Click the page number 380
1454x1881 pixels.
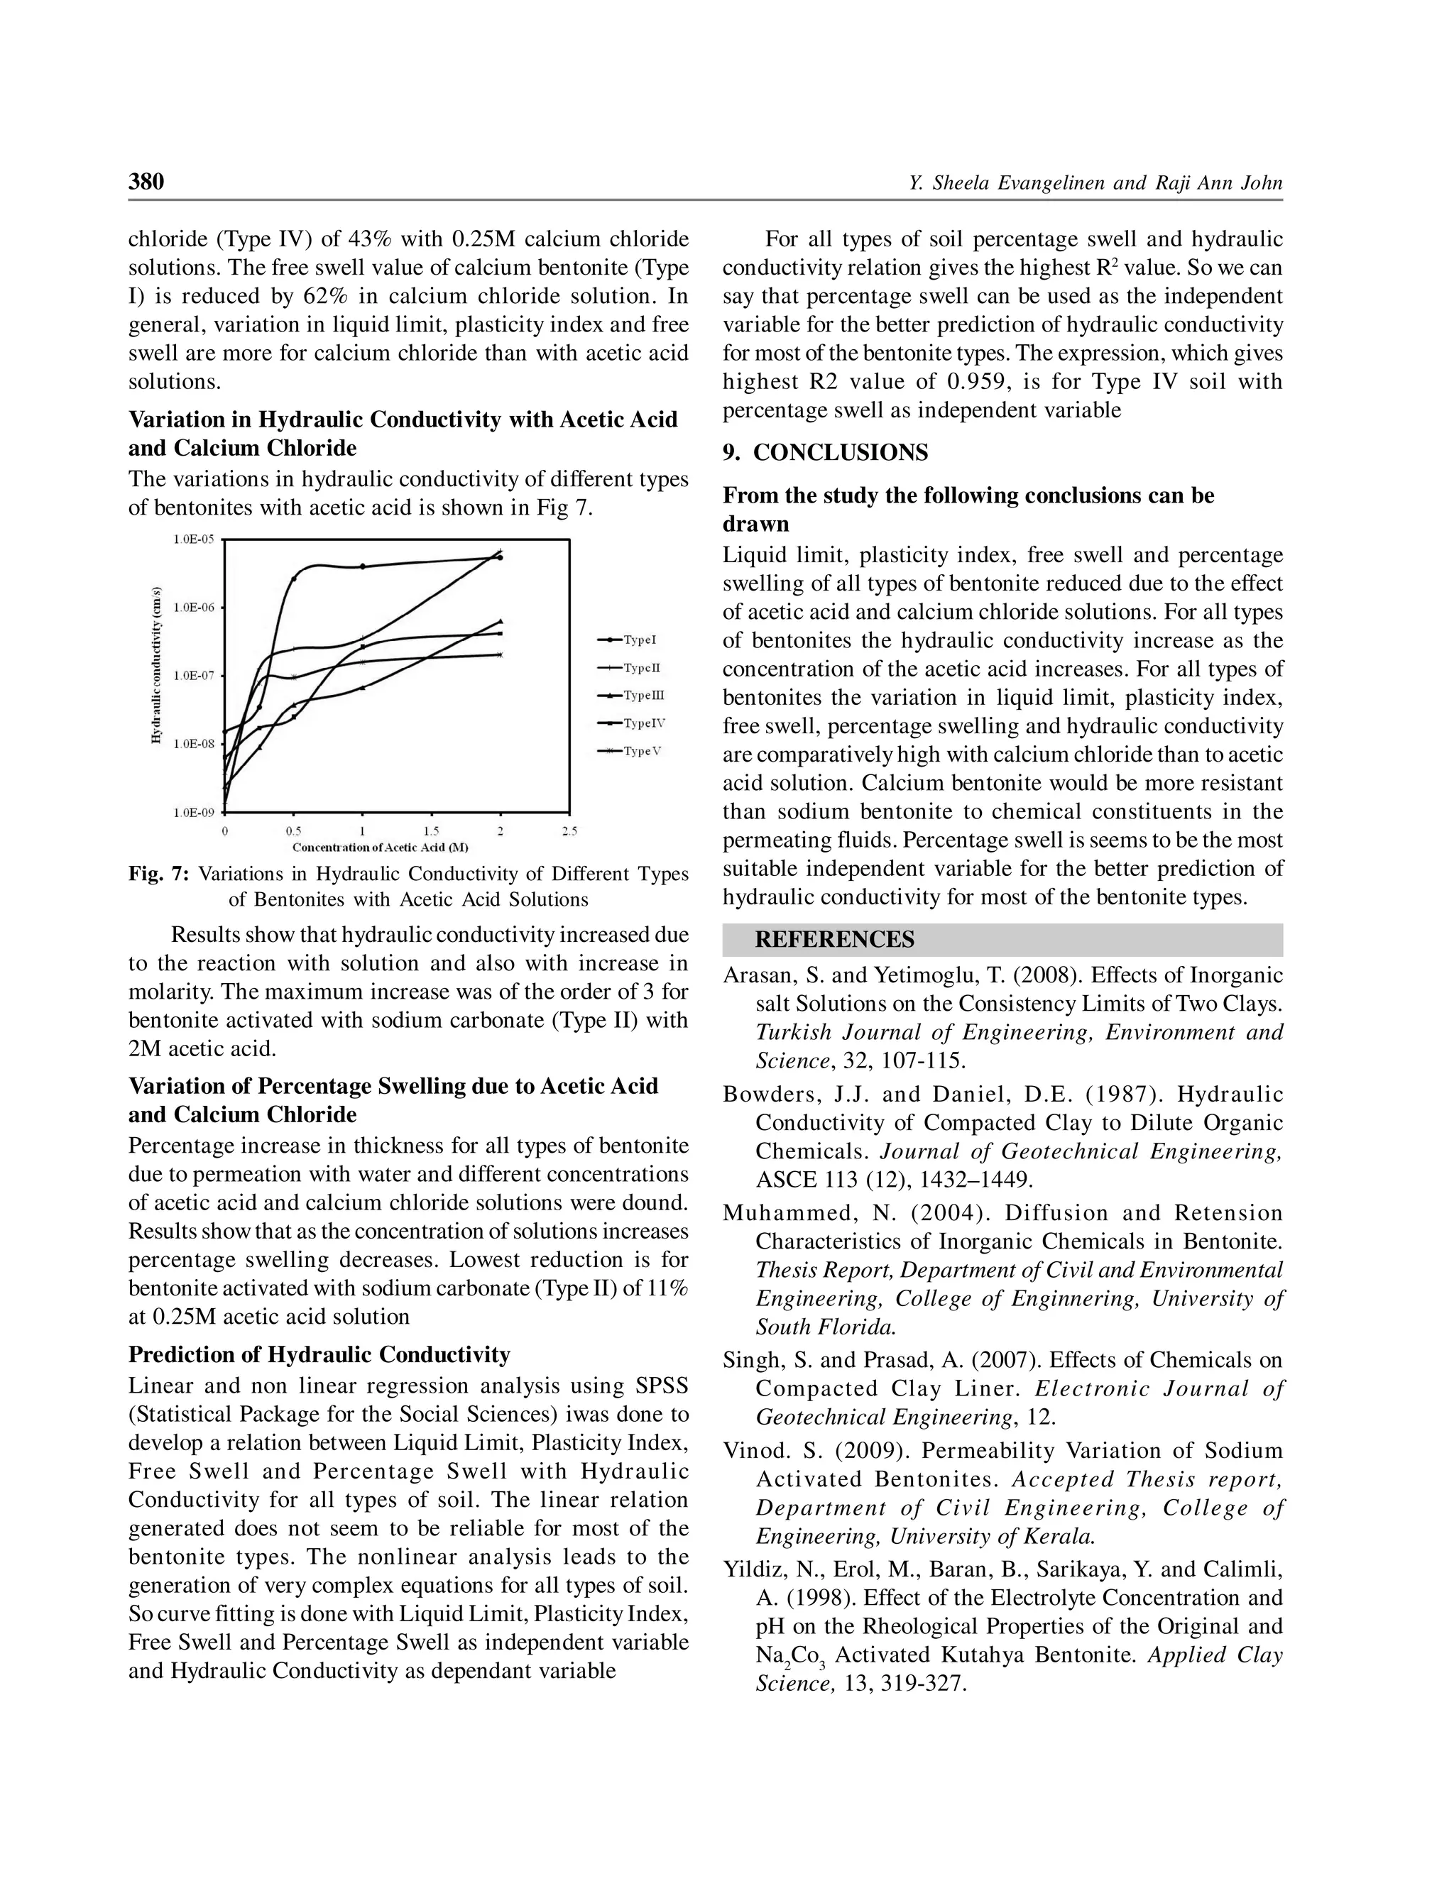146,182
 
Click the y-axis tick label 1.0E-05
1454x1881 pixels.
194,539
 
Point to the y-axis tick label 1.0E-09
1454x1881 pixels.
194,812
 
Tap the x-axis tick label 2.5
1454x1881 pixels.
569,832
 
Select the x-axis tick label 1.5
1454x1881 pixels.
432,832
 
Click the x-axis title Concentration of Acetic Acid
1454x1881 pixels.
380,848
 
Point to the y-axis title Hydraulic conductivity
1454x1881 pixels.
157,665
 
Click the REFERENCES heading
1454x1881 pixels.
833,940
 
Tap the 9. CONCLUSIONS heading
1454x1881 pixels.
825,453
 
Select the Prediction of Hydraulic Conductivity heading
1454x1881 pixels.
319,1355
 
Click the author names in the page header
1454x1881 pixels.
1095,182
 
